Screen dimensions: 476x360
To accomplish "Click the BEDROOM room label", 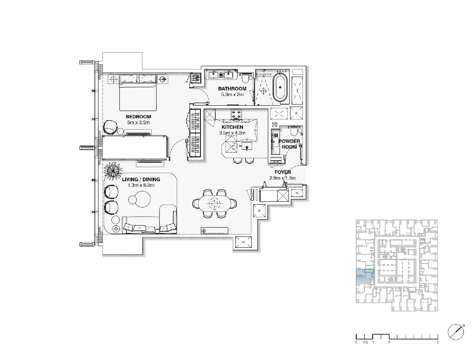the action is pos(138,117).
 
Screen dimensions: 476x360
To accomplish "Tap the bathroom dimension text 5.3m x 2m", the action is pos(232,94).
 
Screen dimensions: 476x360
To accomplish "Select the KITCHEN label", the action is pos(232,127).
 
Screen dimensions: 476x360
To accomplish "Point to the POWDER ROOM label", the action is pos(289,144).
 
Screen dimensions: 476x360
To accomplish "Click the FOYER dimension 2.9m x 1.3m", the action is pos(283,178).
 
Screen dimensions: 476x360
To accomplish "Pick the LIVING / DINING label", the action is pos(141,180).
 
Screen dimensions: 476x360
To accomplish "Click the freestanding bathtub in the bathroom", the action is pos(280,87).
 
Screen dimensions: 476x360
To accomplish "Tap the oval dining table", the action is pos(215,203).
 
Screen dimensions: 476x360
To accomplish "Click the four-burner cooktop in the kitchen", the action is pos(236,115).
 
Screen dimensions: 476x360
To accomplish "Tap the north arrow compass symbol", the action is pos(456,332).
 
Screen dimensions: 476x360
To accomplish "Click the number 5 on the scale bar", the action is pos(438,342).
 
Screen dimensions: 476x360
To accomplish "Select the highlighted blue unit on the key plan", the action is pos(365,276).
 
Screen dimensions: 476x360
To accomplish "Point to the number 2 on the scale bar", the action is pos(389,342).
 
